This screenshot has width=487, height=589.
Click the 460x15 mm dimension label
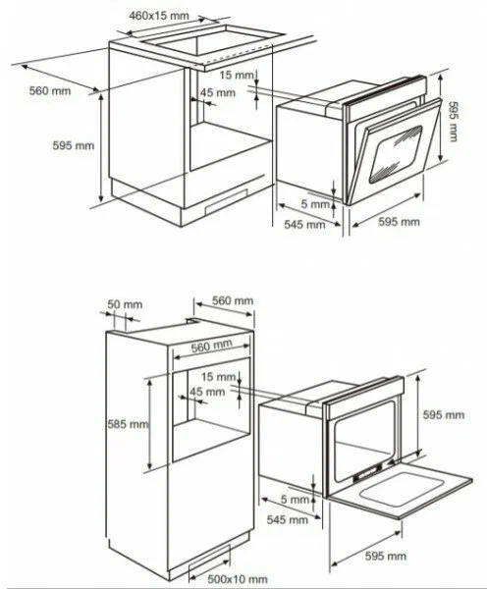tap(159, 16)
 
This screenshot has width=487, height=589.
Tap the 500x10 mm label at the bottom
tap(238, 579)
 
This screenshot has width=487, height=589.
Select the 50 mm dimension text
tap(125, 304)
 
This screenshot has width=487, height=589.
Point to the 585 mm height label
tap(129, 424)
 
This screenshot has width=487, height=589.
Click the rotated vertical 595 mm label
tap(454, 122)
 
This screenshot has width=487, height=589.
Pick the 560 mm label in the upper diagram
tap(50, 90)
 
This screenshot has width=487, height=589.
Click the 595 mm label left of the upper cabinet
tap(74, 145)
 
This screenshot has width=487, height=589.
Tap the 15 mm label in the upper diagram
tap(237, 76)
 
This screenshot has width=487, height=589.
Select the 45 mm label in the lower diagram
tap(207, 392)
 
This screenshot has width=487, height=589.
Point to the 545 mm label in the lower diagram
tap(288, 519)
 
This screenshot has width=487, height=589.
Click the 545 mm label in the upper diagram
tap(304, 224)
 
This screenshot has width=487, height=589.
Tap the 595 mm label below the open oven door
tap(386, 556)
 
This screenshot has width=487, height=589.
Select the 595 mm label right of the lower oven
tap(444, 414)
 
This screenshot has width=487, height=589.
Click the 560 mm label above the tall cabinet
tap(233, 300)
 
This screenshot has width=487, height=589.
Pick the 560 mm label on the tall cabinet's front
tap(211, 346)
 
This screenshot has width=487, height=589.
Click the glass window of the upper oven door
tap(396, 155)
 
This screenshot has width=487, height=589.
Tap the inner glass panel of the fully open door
tap(402, 488)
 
